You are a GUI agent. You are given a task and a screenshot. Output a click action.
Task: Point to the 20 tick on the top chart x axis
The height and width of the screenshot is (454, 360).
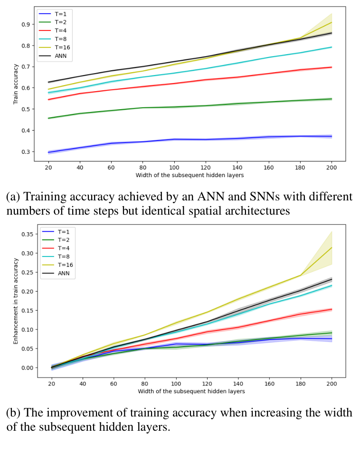point(49,167)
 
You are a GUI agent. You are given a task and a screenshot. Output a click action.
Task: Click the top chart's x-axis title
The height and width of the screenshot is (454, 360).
point(190,175)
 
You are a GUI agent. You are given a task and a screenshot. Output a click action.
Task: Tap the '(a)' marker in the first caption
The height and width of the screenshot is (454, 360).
point(14,196)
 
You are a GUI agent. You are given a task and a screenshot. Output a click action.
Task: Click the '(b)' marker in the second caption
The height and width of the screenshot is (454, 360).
point(14,413)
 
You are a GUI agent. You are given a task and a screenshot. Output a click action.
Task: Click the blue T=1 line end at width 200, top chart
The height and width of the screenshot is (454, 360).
point(332,136)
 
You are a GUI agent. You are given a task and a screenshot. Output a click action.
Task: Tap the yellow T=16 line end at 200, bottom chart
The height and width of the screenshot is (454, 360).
point(332,247)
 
